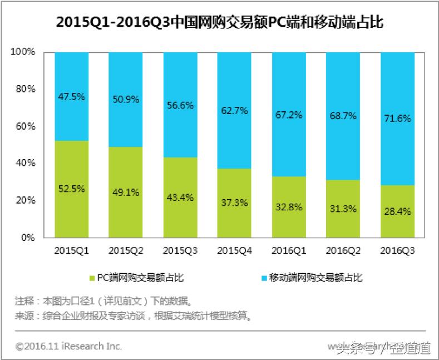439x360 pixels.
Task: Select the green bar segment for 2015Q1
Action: tap(71, 189)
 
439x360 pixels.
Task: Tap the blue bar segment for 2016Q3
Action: tap(397, 118)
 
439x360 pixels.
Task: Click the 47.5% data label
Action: tap(71, 96)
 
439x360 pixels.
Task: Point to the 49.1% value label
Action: tap(125, 192)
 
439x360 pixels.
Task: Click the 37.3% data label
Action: tap(234, 203)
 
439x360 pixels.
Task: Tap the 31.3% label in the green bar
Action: tap(342, 209)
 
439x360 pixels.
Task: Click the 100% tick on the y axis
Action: tap(23, 52)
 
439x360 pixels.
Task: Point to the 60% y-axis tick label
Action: tap(26, 126)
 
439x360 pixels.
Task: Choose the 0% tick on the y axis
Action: tap(28, 238)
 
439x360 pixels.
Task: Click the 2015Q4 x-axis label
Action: tap(234, 250)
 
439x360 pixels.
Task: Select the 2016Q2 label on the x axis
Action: tap(342, 250)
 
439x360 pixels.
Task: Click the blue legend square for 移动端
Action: tap(263, 277)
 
